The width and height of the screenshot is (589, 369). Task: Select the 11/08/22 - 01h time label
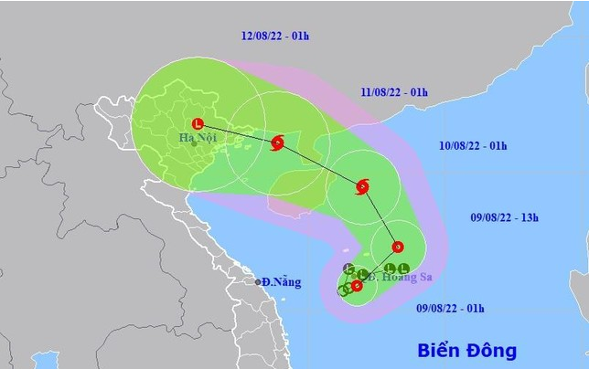(396, 91)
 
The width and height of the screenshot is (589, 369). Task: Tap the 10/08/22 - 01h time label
(475, 146)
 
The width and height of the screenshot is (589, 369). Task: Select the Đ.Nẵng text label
(279, 281)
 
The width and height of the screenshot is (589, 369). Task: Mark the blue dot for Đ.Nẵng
(259, 281)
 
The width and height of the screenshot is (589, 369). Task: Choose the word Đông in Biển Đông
(491, 350)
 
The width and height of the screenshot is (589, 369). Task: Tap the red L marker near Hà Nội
(196, 123)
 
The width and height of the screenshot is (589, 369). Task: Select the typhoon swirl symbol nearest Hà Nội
(278, 142)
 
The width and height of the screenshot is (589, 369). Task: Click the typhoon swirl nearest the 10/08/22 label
(361, 187)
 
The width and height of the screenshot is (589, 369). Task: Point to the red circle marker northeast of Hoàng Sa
(397, 247)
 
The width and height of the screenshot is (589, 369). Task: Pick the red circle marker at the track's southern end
(357, 286)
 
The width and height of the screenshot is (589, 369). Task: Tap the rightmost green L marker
(402, 269)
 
